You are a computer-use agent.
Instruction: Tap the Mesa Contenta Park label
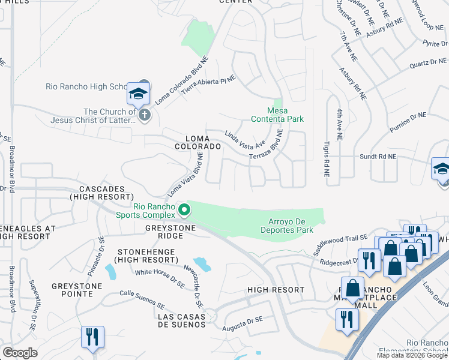tap(285, 115)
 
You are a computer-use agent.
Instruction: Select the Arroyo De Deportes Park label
tap(287, 226)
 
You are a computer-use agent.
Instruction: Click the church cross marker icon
tap(143, 115)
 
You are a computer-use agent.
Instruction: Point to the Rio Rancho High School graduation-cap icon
tap(137, 95)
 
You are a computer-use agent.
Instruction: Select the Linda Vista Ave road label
tap(244, 139)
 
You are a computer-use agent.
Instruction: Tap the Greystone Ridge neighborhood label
tap(168, 232)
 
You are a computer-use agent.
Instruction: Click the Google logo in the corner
tap(20, 352)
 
